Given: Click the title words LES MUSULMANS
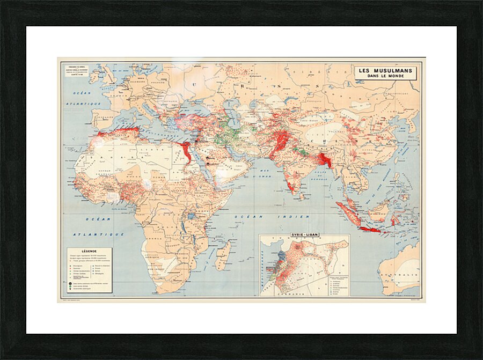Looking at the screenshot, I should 385,70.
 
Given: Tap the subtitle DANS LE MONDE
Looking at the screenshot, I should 385,76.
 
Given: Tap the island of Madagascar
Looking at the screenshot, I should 223,255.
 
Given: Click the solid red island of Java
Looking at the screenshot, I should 369,229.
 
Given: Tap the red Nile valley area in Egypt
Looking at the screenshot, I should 186,152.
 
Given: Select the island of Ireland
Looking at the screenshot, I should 94,77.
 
